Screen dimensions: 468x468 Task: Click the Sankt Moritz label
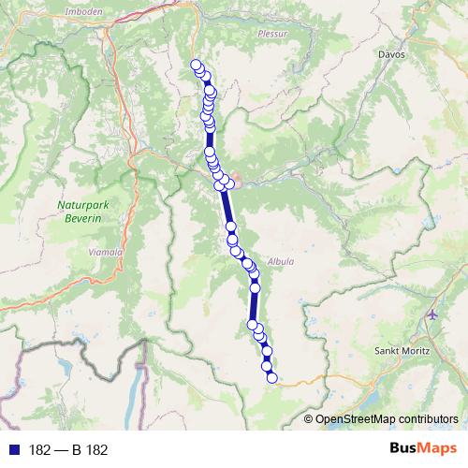tap(400, 350)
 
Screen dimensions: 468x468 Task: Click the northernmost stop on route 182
tap(196, 65)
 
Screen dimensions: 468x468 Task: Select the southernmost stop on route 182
tap(272, 378)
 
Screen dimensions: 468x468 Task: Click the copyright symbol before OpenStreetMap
tap(309, 419)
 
